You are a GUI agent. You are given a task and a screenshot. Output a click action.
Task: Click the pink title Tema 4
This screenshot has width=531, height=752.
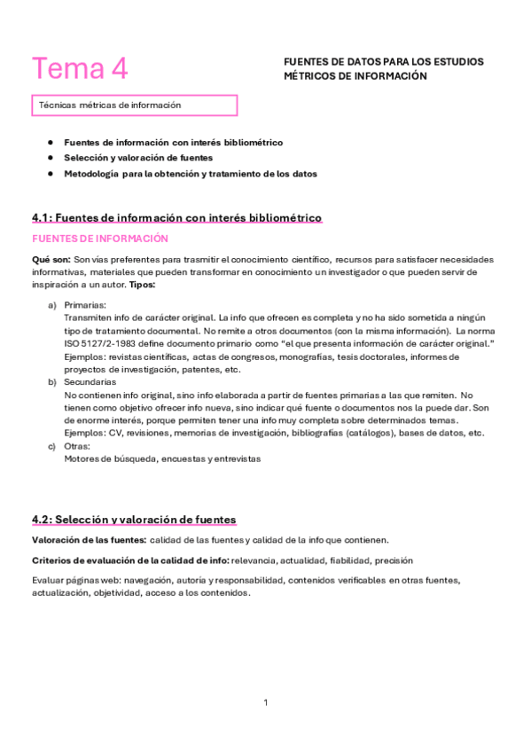coord(80,68)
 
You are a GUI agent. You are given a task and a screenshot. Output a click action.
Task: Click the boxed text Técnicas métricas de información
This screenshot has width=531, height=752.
coord(110,105)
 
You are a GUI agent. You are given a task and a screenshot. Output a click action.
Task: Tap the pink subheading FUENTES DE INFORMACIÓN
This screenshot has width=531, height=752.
coord(87,239)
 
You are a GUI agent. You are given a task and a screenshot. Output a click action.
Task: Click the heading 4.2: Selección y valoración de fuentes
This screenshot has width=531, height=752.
coord(134,519)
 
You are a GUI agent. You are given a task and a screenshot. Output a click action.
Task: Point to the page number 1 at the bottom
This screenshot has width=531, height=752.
coord(265,702)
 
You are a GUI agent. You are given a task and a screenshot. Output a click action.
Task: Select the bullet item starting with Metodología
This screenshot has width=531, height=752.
coord(190,174)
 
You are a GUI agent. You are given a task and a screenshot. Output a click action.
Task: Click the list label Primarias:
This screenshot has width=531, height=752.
coord(85,304)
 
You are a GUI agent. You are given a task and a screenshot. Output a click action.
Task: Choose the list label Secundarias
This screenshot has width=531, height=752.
coord(90,381)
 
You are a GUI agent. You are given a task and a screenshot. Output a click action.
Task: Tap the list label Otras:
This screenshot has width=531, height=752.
coord(79,446)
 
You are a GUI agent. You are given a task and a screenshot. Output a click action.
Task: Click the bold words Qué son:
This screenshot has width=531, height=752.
coord(51,259)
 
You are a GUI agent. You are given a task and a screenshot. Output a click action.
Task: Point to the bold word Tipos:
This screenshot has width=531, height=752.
coord(142,285)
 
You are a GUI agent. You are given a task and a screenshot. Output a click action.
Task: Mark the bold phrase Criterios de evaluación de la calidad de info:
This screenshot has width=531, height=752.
coord(129,560)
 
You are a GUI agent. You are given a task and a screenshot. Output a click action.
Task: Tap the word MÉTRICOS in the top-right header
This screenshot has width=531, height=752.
coord(311,76)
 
